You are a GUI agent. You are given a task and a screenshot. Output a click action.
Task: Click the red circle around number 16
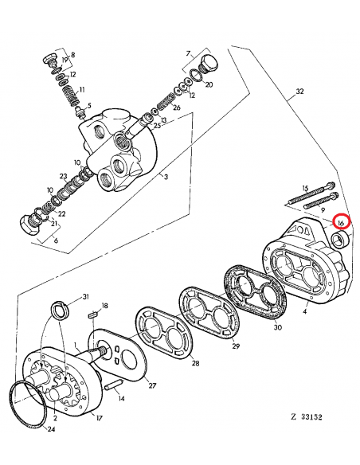(x=341, y=223)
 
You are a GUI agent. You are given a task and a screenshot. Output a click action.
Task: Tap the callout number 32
(x=299, y=92)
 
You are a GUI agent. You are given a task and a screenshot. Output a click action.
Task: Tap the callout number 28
(x=197, y=364)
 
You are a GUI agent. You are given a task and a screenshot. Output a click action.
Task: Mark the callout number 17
(x=99, y=416)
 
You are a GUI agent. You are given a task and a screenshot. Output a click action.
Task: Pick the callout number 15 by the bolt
(x=304, y=188)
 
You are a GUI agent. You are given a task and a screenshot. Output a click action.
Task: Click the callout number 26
(x=176, y=107)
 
